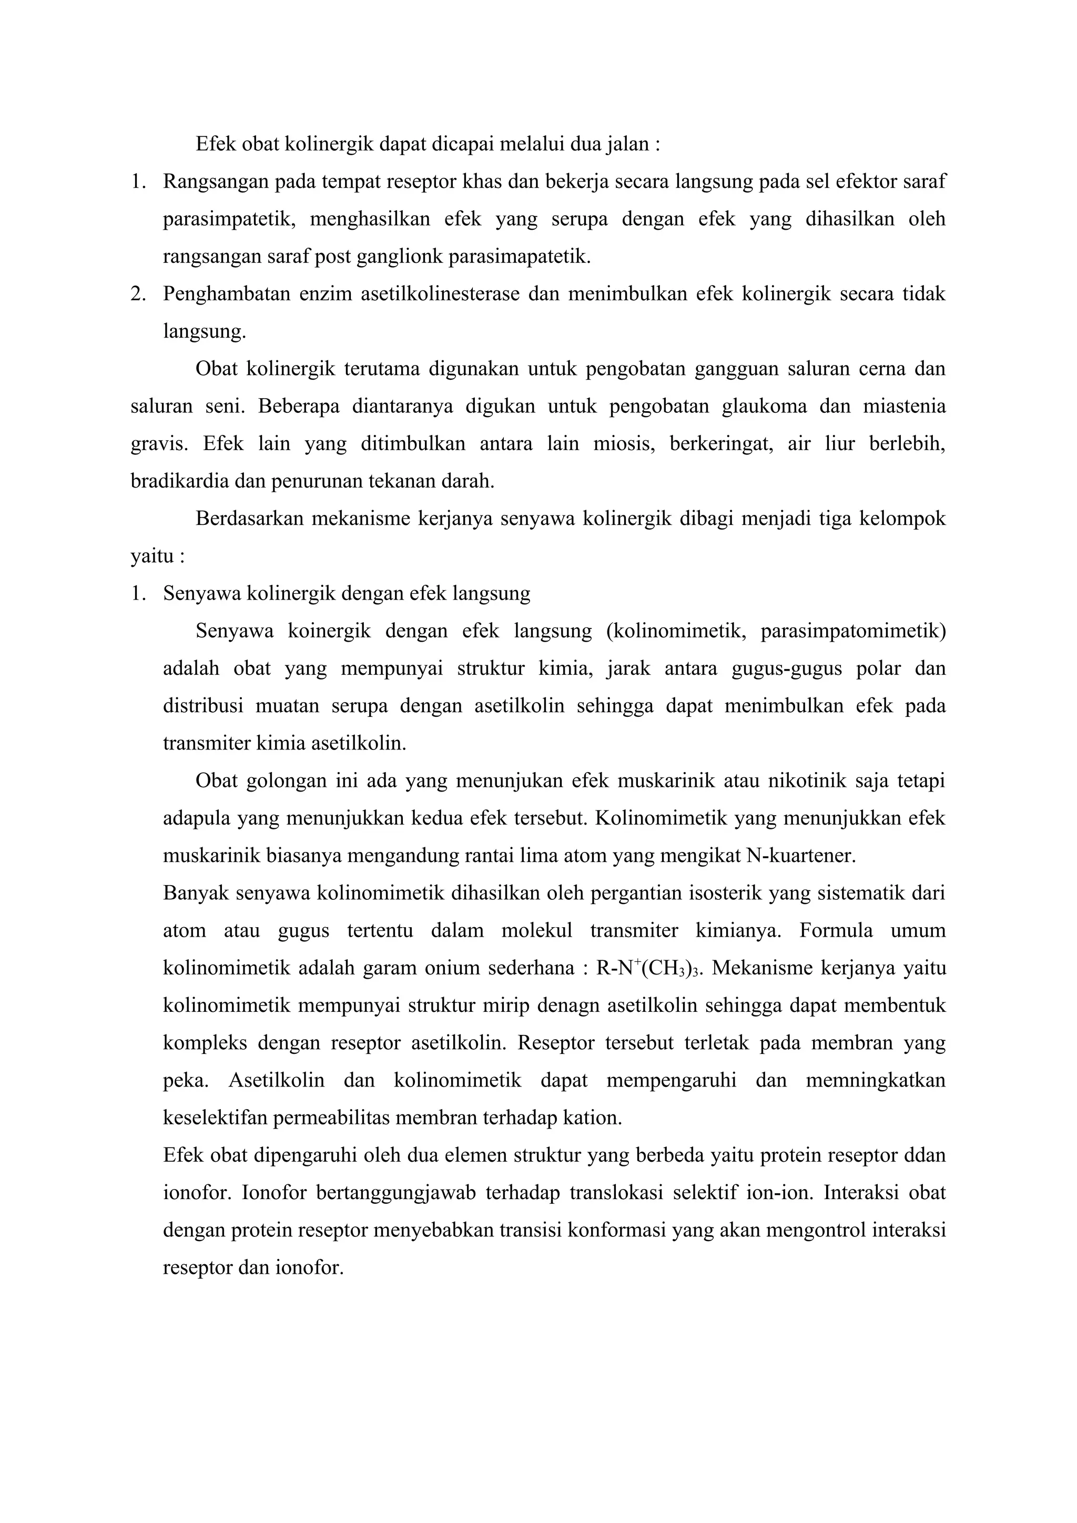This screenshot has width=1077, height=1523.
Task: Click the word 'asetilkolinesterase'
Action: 440,294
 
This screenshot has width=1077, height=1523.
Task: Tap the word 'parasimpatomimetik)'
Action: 853,631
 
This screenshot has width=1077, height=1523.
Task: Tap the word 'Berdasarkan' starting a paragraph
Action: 249,518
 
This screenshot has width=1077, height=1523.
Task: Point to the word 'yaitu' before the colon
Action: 150,556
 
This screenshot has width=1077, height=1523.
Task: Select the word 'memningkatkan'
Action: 876,1081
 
